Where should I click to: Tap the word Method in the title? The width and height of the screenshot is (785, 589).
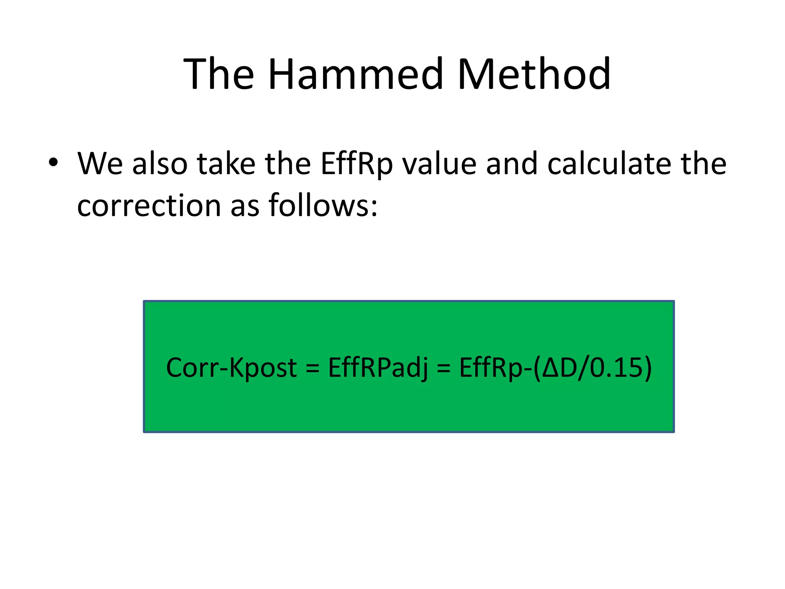pos(534,74)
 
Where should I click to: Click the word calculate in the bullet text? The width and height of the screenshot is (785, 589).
pos(609,164)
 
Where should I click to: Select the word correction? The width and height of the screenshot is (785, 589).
pos(149,206)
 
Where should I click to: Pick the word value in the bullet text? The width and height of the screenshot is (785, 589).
pos(440,164)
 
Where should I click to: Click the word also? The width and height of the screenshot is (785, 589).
pos(160,164)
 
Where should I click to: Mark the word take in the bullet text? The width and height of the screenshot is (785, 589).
pos(226,164)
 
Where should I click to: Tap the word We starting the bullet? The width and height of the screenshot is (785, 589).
pos(100,164)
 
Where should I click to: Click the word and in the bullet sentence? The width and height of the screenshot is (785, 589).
pos(512,164)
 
